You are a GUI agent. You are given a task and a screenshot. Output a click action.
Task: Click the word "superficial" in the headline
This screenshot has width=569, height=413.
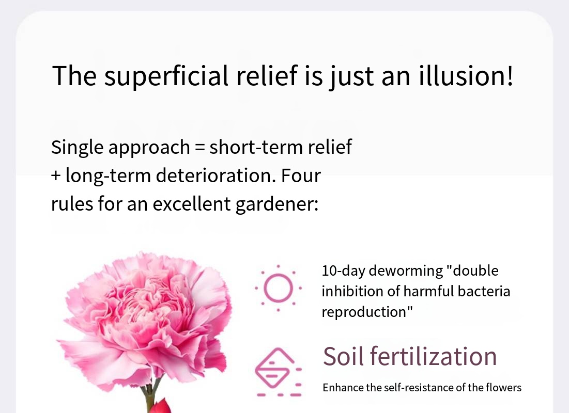[x=166, y=76]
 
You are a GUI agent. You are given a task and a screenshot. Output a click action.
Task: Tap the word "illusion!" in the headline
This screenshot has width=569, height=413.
[x=466, y=75]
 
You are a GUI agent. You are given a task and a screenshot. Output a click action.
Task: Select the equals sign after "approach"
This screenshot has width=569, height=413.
[x=199, y=147]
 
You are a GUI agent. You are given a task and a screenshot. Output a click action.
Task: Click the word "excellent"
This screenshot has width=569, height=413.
[x=192, y=204]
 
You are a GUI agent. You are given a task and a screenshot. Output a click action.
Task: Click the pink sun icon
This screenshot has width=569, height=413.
[x=279, y=288]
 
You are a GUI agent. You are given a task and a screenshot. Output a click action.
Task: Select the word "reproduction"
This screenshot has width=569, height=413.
[x=365, y=312]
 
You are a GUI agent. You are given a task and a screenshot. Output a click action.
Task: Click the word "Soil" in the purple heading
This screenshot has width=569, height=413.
[x=343, y=356]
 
